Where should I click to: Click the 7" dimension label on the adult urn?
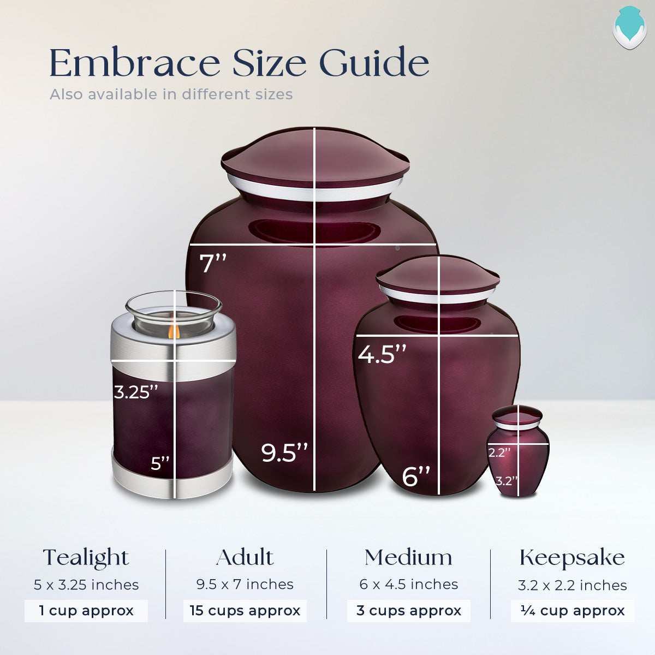[213, 263]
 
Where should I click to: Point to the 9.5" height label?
[284, 453]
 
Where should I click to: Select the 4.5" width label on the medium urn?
[382, 354]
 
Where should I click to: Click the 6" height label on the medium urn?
[416, 477]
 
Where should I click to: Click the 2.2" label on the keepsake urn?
[499, 452]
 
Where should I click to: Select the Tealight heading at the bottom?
[86, 558]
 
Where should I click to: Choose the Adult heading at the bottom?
[245, 557]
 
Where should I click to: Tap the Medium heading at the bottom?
[408, 557]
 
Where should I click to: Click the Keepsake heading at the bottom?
[572, 558]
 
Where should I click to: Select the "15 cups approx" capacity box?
[245, 611]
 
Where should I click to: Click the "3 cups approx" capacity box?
[408, 611]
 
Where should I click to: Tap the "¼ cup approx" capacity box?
[572, 611]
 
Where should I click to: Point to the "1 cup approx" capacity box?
[86, 611]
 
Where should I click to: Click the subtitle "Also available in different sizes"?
[171, 94]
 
